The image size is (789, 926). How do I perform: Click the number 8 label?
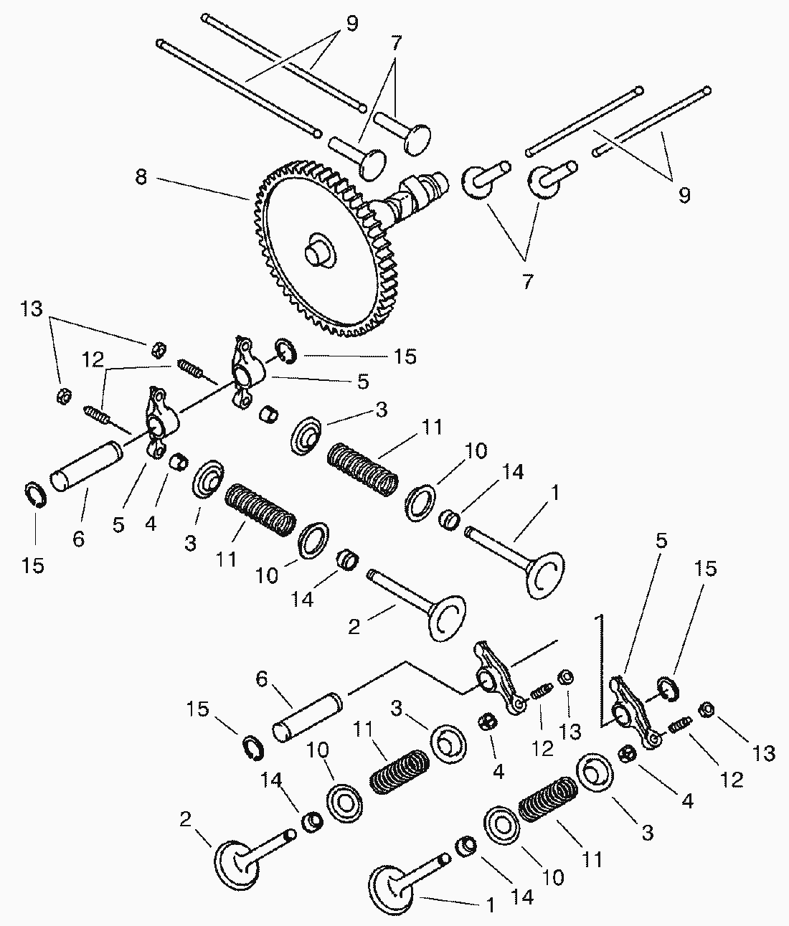141,177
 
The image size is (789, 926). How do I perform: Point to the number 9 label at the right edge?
684,194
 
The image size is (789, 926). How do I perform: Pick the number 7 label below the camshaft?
527,282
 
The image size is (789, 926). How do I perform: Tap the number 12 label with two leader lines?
93,360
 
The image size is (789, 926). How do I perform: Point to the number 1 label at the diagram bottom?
490,906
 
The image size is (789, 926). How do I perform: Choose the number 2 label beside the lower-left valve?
185,820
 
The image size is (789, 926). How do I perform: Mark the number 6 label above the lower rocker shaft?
260,679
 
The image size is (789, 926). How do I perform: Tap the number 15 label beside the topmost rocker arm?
406,356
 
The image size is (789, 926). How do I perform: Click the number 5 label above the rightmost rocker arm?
661,540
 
